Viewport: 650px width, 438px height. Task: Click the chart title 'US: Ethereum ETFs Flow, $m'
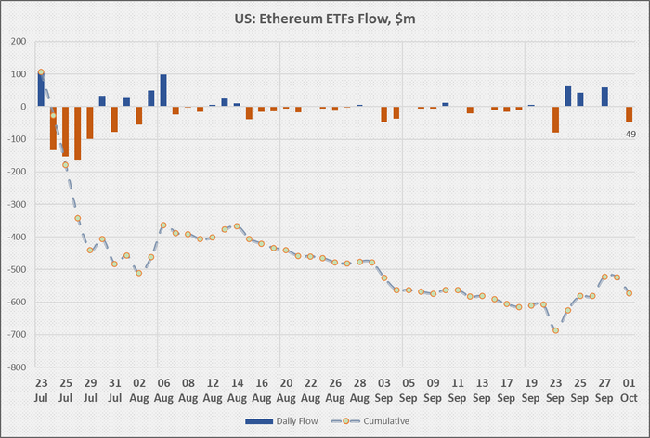325,18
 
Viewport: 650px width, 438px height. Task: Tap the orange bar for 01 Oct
629,114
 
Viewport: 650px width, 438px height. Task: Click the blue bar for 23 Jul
41,90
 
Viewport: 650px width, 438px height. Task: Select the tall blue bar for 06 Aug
163,91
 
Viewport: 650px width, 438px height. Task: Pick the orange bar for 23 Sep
555,119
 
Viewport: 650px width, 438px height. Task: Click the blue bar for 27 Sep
604,97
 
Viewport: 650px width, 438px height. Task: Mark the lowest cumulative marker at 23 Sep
555,329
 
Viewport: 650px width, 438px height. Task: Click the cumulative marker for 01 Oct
629,293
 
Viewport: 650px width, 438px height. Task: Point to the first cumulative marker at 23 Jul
41,72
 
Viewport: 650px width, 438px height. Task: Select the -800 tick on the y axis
17,367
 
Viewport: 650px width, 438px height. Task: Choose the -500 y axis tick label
17,269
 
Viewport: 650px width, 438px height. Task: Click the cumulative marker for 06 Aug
163,225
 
